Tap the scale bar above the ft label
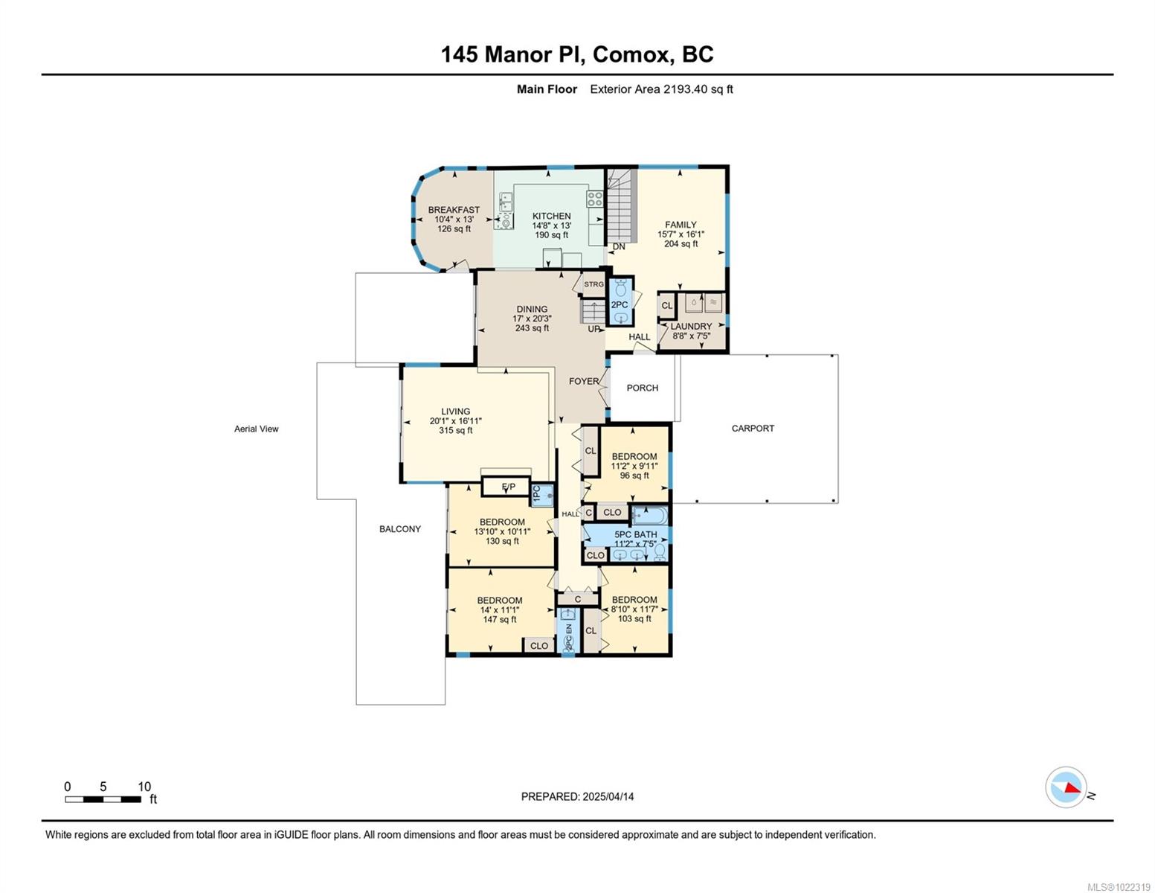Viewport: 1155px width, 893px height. [x=103, y=798]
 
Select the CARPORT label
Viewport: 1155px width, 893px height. [x=752, y=428]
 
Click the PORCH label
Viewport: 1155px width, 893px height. [x=642, y=388]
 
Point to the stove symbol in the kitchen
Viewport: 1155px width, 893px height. [x=594, y=199]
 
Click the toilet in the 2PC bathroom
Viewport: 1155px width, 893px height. [x=620, y=289]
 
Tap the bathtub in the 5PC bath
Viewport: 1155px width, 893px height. [x=649, y=516]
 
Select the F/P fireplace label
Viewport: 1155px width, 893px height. [x=508, y=487]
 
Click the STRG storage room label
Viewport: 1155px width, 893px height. [x=593, y=284]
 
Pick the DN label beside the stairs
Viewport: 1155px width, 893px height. [x=619, y=247]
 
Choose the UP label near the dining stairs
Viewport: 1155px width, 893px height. [x=593, y=329]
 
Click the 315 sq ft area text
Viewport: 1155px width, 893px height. [x=455, y=430]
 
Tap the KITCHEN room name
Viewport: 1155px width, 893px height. [x=551, y=216]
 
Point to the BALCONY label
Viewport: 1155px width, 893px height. [x=399, y=528]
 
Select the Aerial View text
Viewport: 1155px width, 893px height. [x=256, y=429]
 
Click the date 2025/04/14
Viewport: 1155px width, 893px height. [x=608, y=796]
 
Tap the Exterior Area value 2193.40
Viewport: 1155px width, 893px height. [x=685, y=89]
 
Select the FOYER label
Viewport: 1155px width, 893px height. [x=584, y=381]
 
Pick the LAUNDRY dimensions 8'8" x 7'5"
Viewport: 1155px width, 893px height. [x=691, y=336]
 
